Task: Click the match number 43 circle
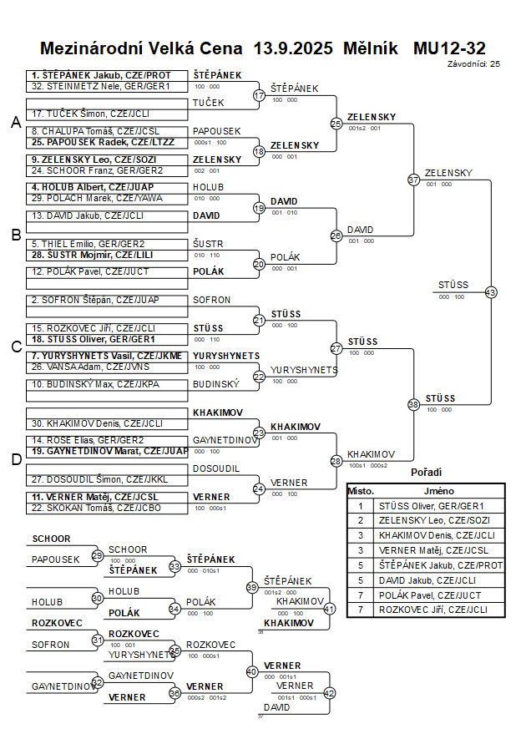point(490,292)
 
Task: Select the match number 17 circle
point(259,96)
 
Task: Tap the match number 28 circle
point(336,461)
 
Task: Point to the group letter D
point(15,458)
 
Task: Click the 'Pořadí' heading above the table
point(427,473)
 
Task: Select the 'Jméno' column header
point(438,491)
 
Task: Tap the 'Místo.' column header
point(361,491)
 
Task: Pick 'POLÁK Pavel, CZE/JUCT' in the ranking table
point(429,595)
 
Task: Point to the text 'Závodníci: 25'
point(473,63)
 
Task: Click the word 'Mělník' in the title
point(371,48)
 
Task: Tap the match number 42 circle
point(329,692)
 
